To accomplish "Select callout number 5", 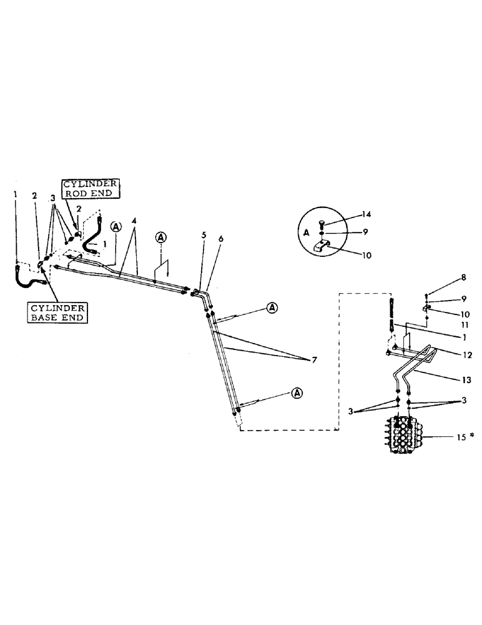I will tap(204, 236).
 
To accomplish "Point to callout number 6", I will tap(220, 240).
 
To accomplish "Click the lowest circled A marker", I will tap(297, 392).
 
